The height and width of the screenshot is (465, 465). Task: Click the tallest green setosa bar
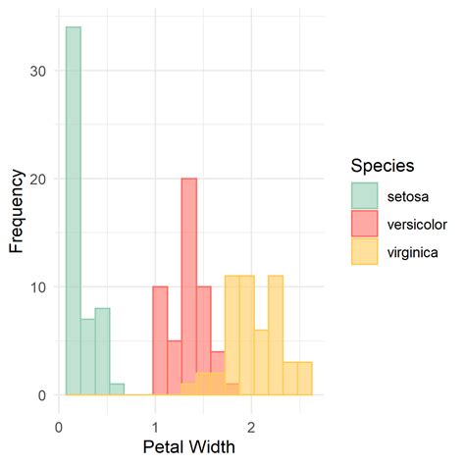click(74, 211)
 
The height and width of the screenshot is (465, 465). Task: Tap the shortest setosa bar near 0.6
click(117, 389)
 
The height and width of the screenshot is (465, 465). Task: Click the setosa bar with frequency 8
click(102, 351)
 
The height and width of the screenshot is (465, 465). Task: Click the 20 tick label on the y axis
click(43, 180)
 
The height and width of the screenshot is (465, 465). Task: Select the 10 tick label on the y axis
click(43, 287)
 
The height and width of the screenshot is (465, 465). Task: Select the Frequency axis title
click(18, 211)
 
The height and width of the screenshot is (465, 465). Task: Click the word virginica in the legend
click(413, 253)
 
